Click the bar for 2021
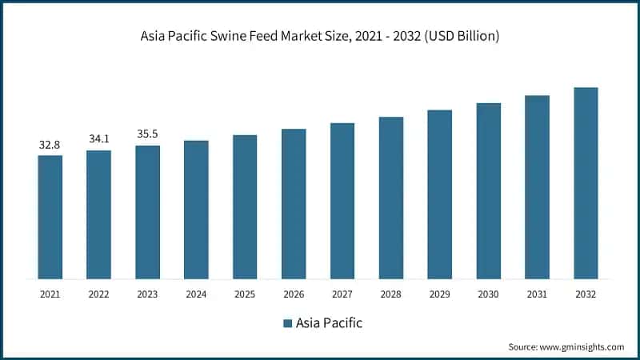(50, 217)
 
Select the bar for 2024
(196, 210)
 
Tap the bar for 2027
(342, 201)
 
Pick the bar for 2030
(488, 190)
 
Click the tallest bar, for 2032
(586, 183)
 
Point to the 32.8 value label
(50, 145)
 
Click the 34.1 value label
(99, 139)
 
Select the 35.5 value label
(148, 134)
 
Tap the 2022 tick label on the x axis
(98, 294)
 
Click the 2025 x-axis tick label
(245, 294)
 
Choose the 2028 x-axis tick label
(391, 294)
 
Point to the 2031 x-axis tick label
(537, 294)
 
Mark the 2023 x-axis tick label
(147, 294)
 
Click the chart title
(320, 36)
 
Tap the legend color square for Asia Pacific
(286, 324)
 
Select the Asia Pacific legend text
(329, 324)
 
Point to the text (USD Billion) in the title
(462, 36)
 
